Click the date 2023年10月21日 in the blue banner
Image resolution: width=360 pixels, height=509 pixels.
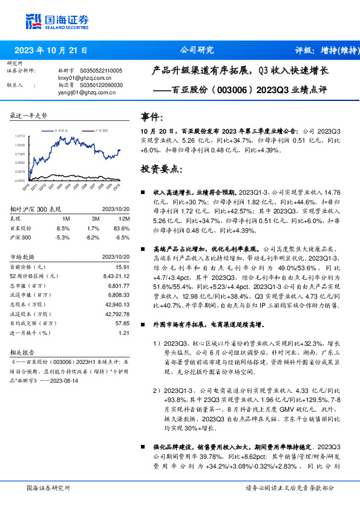[x=51, y=50]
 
